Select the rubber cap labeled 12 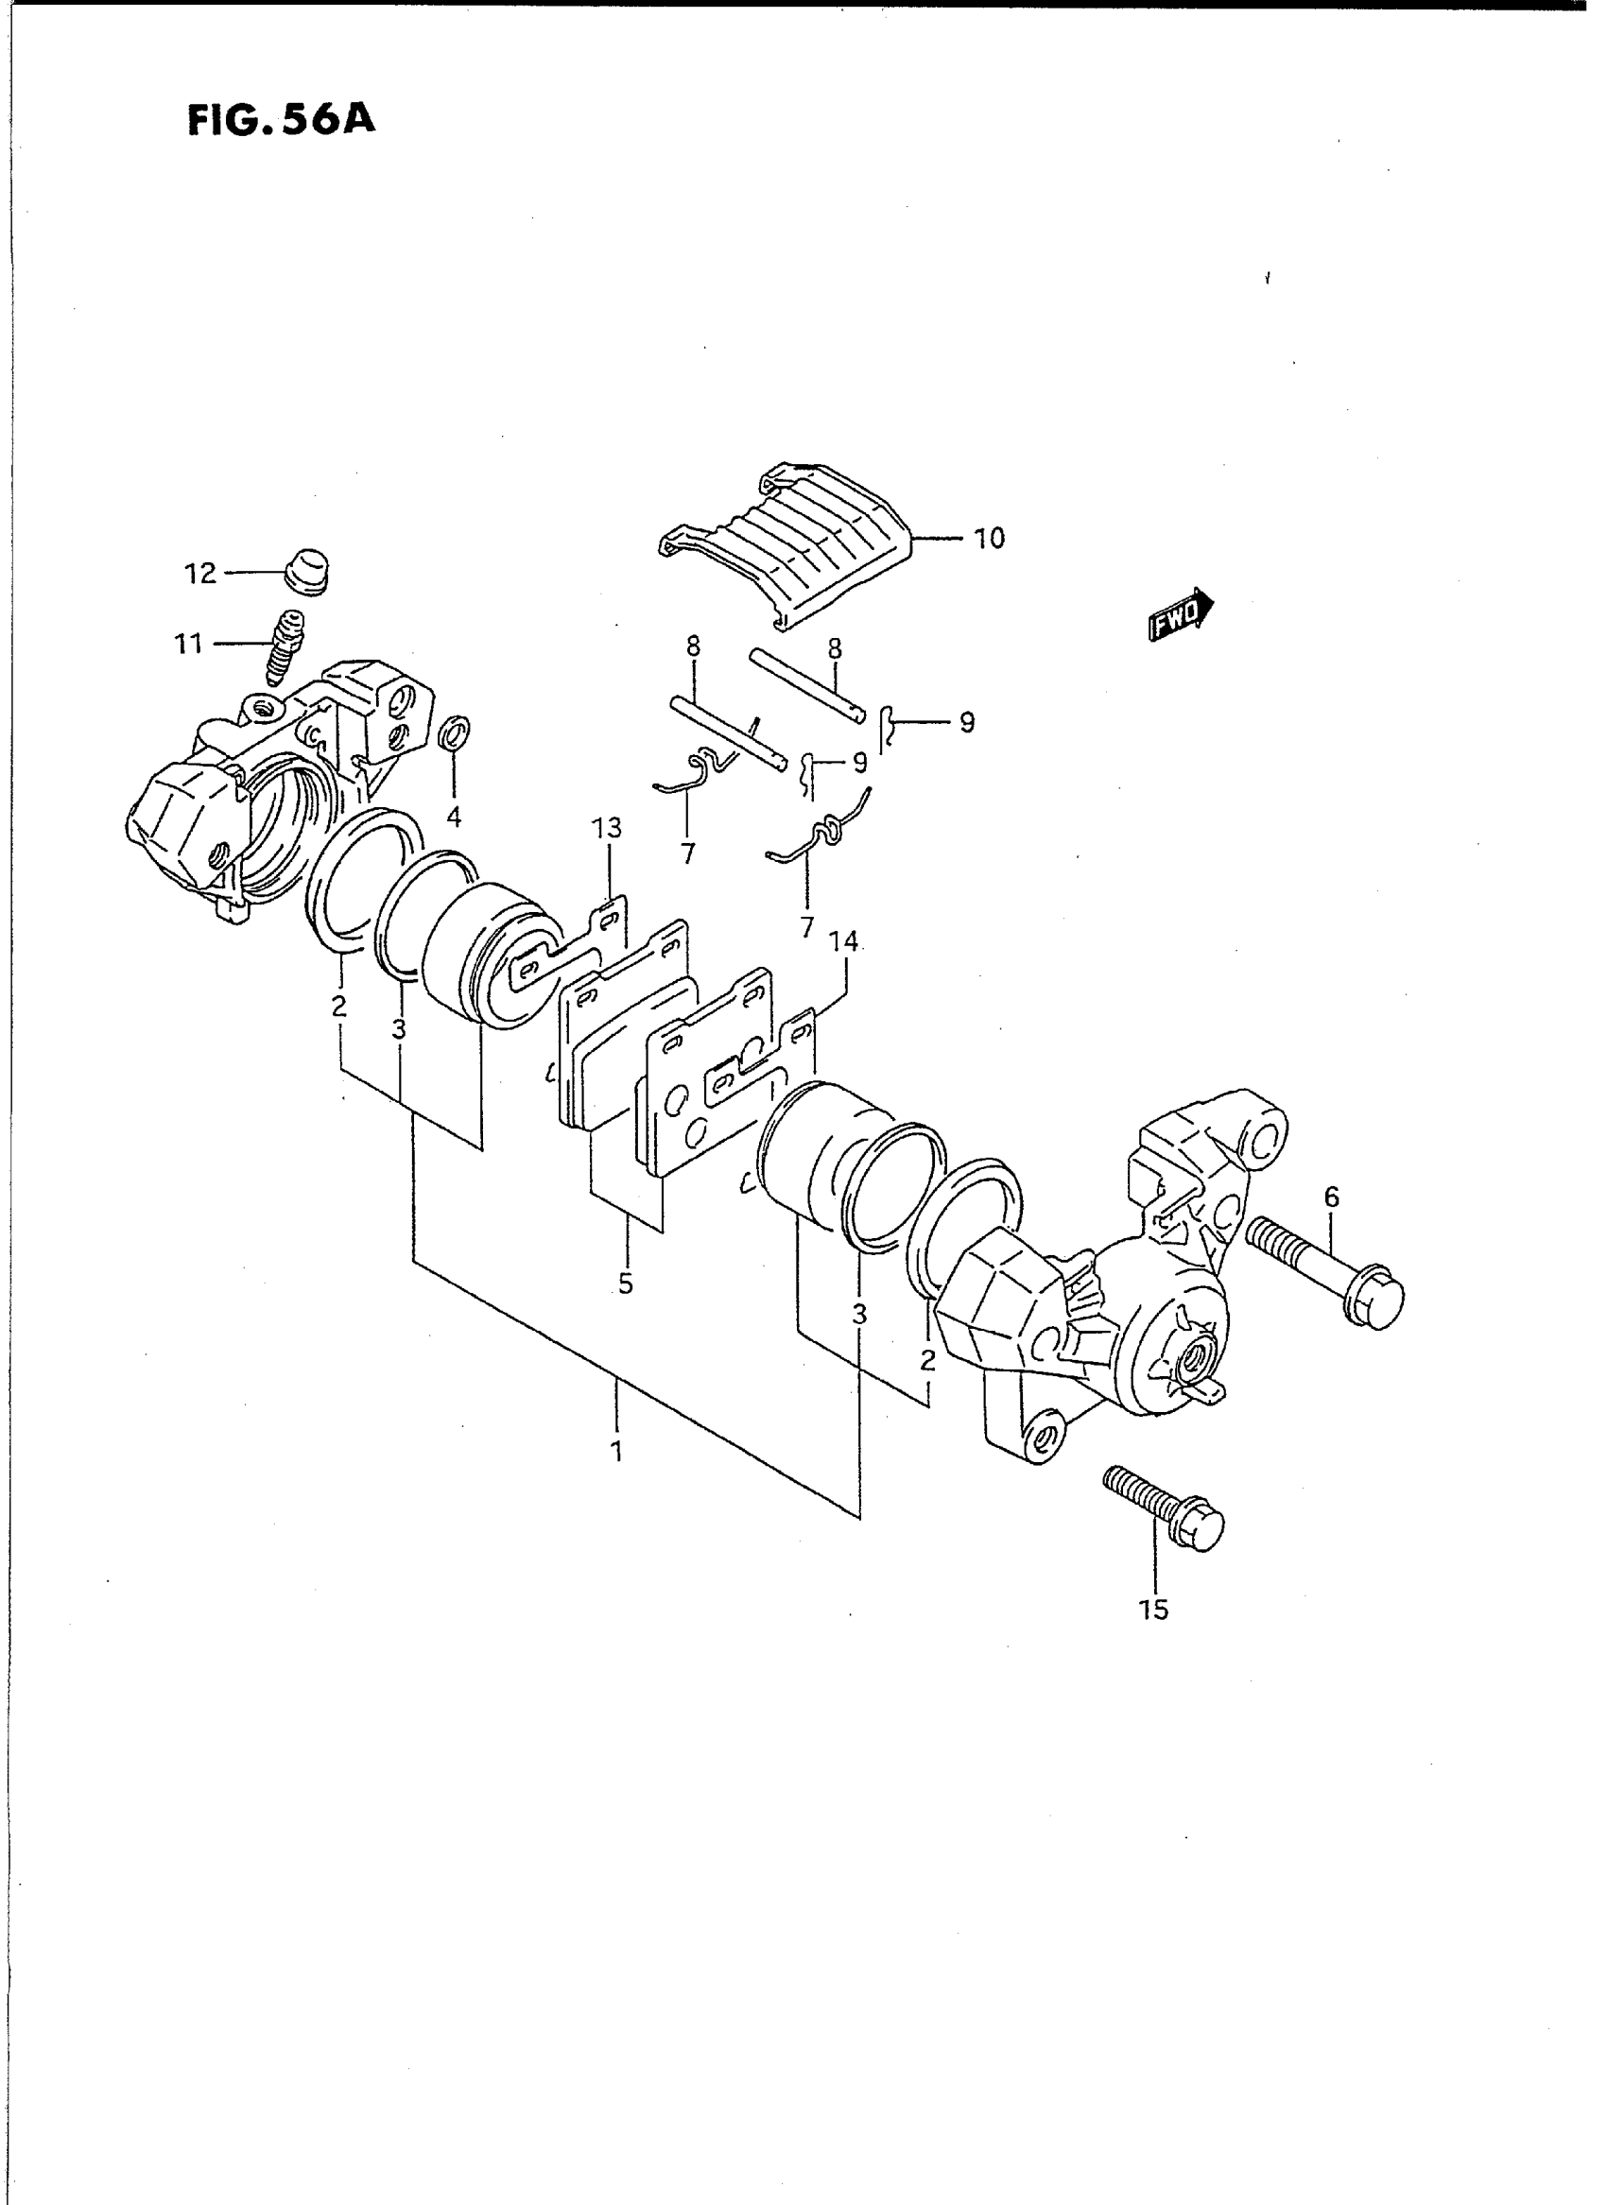(307, 569)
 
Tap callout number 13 (609, 829)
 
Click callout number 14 (843, 941)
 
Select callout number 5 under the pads (626, 1284)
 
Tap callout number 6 (1332, 1197)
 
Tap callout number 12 (200, 574)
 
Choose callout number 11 (189, 644)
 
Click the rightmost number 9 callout (966, 724)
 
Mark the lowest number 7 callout (806, 929)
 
